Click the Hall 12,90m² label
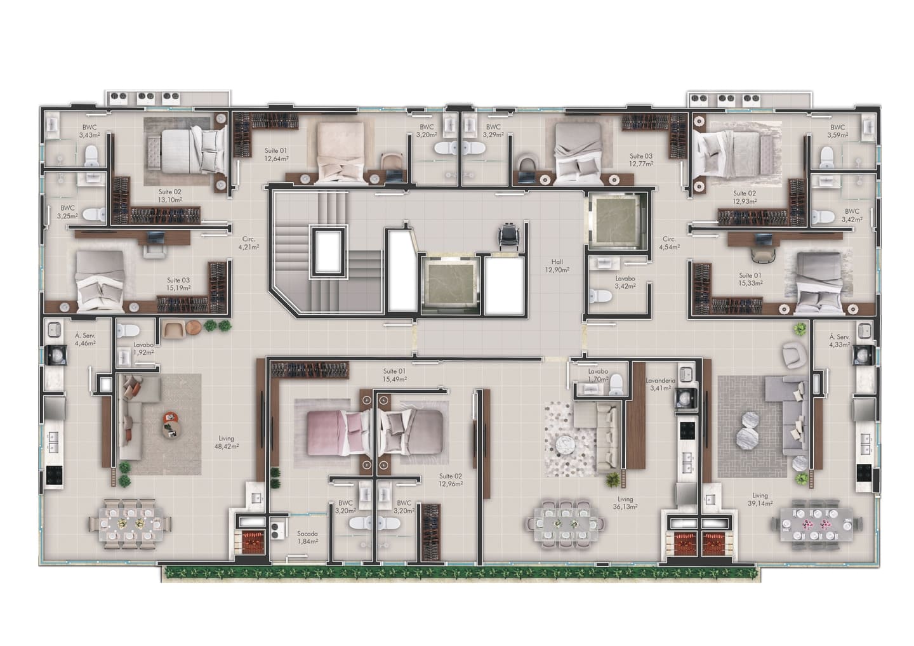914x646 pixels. click(557, 265)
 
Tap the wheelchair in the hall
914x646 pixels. click(508, 235)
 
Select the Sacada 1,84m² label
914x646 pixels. click(307, 537)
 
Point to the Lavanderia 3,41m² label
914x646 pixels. click(660, 384)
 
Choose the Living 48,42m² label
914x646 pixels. click(226, 442)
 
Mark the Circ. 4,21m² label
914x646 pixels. click(248, 243)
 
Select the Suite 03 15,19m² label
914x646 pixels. click(178, 284)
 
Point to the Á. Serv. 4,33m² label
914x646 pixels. click(839, 341)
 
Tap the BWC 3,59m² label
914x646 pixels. click(838, 131)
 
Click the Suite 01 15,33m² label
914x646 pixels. click(750, 279)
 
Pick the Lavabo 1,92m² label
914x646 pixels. click(143, 348)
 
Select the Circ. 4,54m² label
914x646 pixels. click(669, 243)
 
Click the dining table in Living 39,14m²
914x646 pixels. click(817, 524)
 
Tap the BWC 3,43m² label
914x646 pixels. click(89, 131)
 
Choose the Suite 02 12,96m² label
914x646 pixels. click(451, 480)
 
